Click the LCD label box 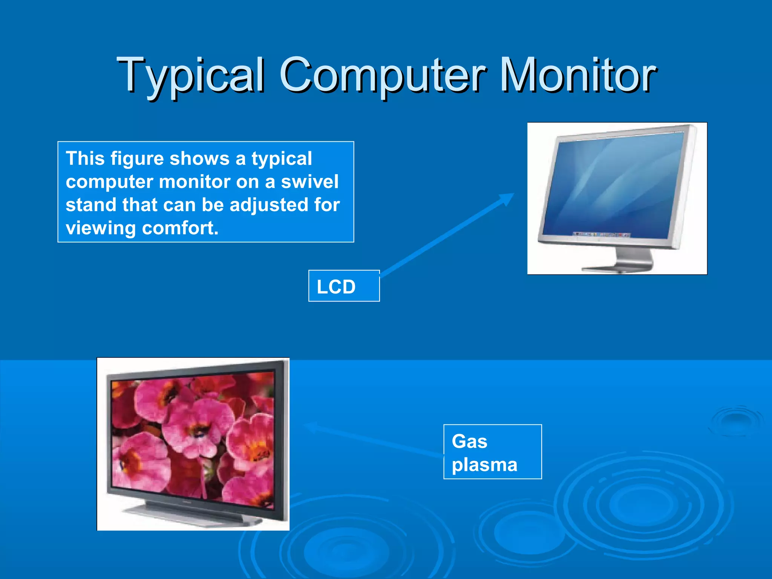pos(344,286)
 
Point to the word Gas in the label pos(469,441)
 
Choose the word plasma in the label pos(484,465)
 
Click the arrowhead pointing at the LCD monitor pos(507,198)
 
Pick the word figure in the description pos(137,158)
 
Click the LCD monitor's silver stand pos(633,260)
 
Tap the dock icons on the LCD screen pos(601,234)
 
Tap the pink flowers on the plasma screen pos(192,433)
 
